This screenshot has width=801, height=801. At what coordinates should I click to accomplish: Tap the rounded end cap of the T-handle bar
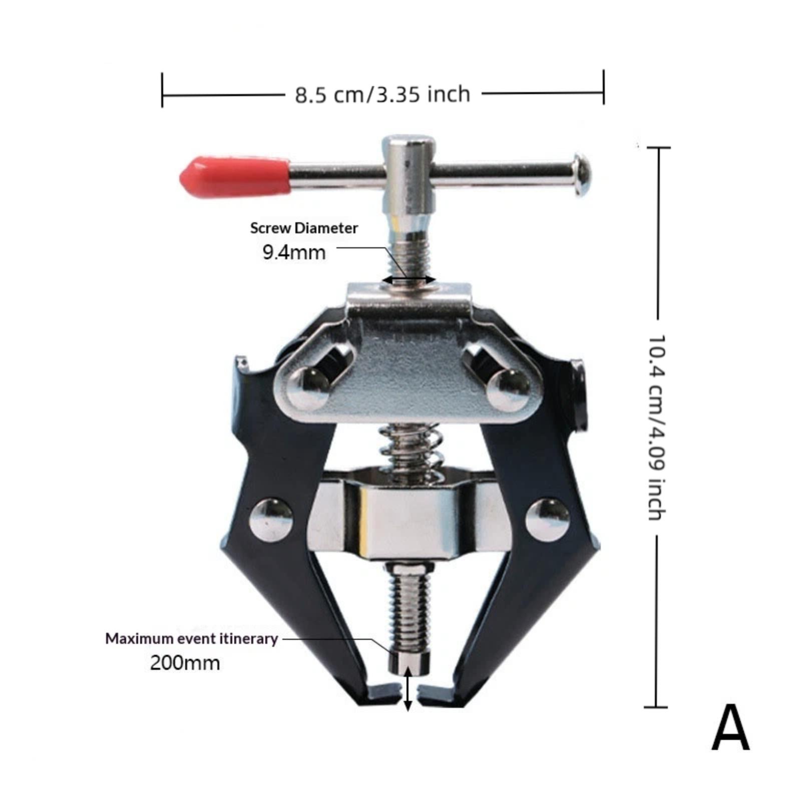(582, 175)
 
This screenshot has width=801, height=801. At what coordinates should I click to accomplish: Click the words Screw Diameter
(304, 228)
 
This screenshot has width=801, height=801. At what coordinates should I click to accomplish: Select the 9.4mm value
(294, 252)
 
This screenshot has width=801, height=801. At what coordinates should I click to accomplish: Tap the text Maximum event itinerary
(191, 639)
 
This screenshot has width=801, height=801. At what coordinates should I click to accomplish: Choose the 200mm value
(185, 663)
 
